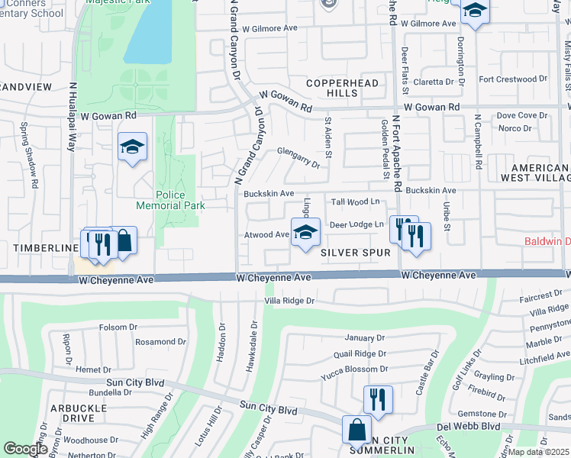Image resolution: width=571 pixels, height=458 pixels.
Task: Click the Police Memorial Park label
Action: coord(170,200)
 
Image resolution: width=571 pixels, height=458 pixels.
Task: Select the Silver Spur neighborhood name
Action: coord(356,252)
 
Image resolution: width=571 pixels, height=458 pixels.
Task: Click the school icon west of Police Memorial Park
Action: coord(132,147)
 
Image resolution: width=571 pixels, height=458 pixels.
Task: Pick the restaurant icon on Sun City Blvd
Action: coord(378,399)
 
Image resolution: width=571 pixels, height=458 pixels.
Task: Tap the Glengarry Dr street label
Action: coord(298,156)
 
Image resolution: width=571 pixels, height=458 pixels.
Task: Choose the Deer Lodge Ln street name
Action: coord(356,224)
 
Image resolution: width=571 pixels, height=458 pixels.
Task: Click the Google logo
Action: coord(25,448)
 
